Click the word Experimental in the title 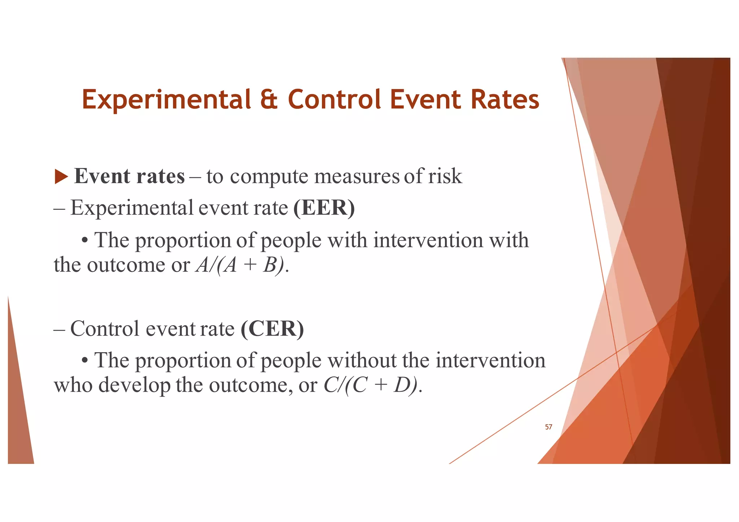click(x=166, y=99)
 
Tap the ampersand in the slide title click(x=269, y=99)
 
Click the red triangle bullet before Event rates click(x=61, y=177)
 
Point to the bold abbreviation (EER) click(x=324, y=208)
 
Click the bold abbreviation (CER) click(x=272, y=329)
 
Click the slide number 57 click(x=548, y=427)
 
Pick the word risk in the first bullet click(x=445, y=176)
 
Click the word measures click(x=357, y=176)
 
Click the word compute click(x=269, y=176)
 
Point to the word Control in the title click(x=334, y=99)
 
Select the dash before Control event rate click(x=59, y=329)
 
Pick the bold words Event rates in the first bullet click(x=129, y=176)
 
